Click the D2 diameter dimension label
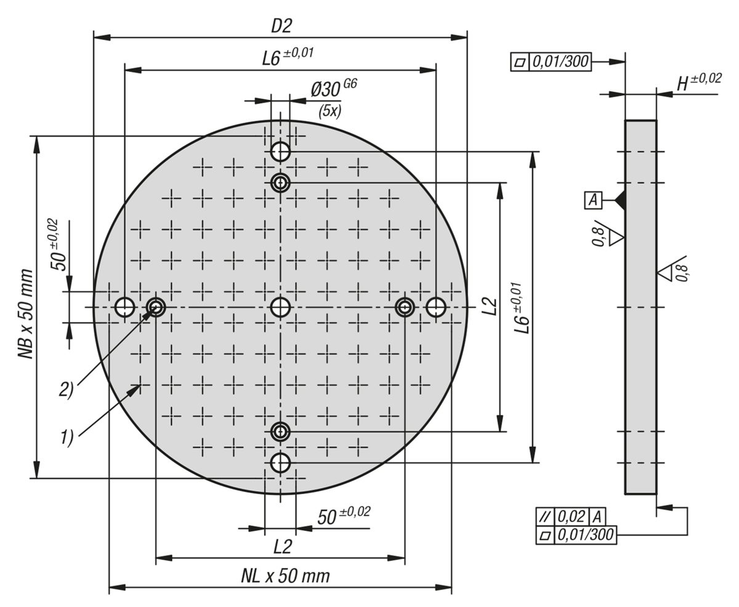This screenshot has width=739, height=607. tap(281, 26)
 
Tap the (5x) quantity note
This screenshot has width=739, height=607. tap(329, 111)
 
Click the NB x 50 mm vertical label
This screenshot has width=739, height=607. tap(25, 313)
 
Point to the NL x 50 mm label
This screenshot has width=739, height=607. tap(285, 577)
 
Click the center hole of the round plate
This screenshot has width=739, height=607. tap(281, 306)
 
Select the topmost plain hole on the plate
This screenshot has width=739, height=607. tap(281, 150)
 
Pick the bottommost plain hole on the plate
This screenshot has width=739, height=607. tap(281, 462)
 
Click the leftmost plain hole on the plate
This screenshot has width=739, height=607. tap(125, 306)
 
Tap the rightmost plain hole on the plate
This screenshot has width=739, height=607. tap(436, 306)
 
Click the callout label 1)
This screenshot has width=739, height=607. tap(67, 437)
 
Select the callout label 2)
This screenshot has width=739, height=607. tap(67, 389)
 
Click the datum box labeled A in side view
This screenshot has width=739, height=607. tap(593, 199)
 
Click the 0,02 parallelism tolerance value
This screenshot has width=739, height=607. tap(571, 517)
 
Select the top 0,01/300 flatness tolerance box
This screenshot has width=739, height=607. tap(559, 62)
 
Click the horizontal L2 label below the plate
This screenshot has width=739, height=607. tap(282, 547)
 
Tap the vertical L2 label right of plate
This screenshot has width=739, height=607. tap(490, 306)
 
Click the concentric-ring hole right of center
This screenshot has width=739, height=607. tap(405, 306)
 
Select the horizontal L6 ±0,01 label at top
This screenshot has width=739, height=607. tap(287, 57)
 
